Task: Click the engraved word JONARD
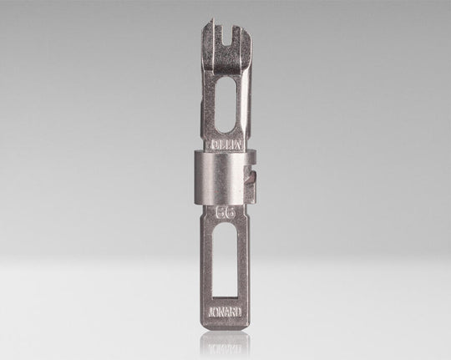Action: point(223,316)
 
